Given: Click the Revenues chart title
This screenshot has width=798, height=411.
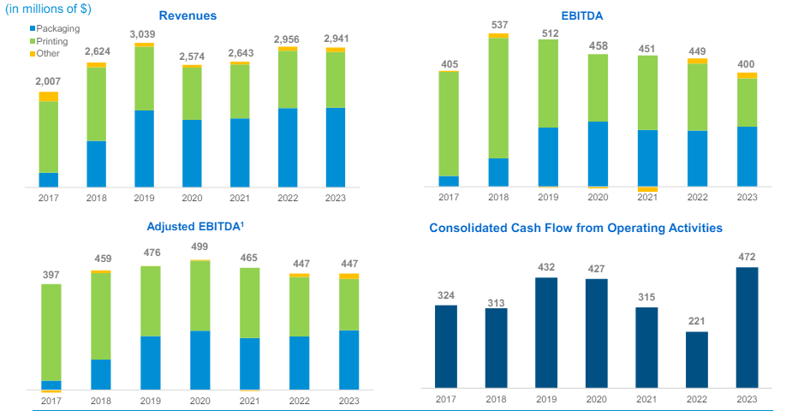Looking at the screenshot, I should (x=188, y=15).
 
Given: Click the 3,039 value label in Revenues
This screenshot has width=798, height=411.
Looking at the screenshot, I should (x=143, y=34).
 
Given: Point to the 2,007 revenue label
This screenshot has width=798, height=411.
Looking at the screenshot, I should (x=48, y=83).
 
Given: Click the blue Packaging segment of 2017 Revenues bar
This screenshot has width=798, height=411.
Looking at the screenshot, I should (x=49, y=180).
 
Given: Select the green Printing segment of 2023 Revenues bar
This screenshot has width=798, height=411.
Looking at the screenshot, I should (x=336, y=80).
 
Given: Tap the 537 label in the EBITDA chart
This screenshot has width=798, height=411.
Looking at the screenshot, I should (x=498, y=25).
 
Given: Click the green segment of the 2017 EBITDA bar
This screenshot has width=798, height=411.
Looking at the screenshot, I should (x=449, y=123).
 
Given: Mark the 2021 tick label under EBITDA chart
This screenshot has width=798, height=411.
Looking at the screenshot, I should (x=647, y=198).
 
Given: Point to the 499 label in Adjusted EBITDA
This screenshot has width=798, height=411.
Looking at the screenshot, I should (x=199, y=247).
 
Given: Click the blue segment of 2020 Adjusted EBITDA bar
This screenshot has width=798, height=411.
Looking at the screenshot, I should (x=199, y=360).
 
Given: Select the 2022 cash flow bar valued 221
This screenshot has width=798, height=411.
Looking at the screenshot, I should (x=697, y=359).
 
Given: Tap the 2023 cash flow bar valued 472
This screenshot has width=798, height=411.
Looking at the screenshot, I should (x=747, y=327).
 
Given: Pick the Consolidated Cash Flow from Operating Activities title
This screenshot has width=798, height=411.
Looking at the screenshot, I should (x=575, y=228).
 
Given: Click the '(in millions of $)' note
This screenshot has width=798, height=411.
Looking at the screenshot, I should (x=49, y=9).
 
